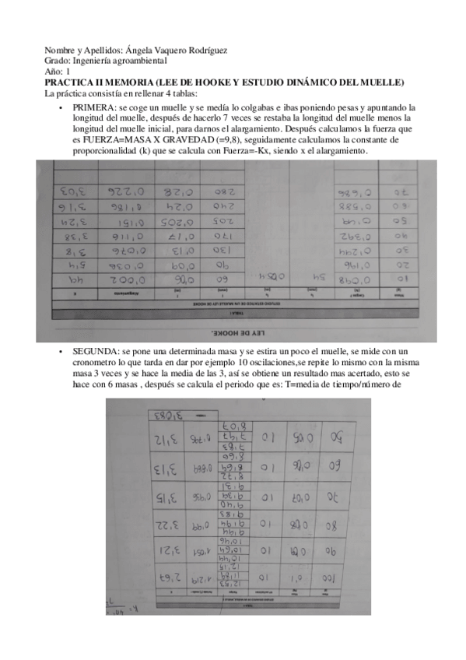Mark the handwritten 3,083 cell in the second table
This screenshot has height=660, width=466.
tap(166, 413)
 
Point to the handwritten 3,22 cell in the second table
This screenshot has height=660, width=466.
tap(166, 523)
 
